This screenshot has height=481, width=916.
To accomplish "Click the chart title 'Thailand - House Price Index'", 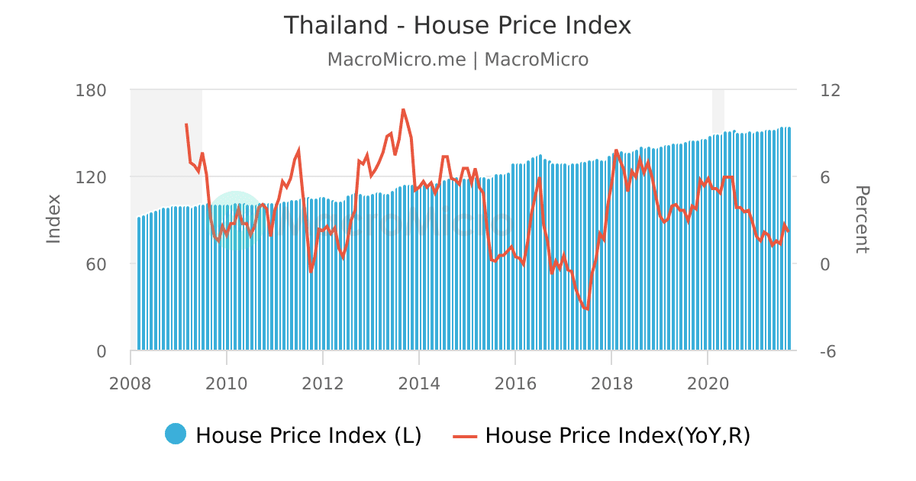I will pyautogui.click(x=457, y=26).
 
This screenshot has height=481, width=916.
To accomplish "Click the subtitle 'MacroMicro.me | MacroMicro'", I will pyautogui.click(x=457, y=60).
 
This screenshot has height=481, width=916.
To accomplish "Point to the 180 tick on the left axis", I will pyautogui.click(x=91, y=90).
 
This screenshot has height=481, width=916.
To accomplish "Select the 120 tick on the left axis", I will pyautogui.click(x=91, y=177).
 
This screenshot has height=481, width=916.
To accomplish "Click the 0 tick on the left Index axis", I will pyautogui.click(x=101, y=351).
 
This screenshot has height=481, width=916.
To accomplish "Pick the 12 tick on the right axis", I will pyautogui.click(x=830, y=90).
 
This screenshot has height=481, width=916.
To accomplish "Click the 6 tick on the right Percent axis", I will pyautogui.click(x=825, y=177).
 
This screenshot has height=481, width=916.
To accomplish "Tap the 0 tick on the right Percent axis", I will pyautogui.click(x=825, y=264).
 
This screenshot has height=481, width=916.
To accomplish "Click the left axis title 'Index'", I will pyautogui.click(x=53, y=219).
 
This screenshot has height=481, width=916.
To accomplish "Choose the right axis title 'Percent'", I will pyautogui.click(x=861, y=219).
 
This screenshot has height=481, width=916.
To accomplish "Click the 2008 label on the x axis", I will pyautogui.click(x=131, y=383).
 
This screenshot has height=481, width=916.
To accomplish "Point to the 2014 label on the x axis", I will pyautogui.click(x=418, y=383).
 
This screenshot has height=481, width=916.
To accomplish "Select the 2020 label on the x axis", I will pyautogui.click(x=707, y=383).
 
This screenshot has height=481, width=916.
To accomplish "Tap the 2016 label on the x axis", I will pyautogui.click(x=514, y=383).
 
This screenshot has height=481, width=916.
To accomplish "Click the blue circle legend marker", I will pyautogui.click(x=176, y=434).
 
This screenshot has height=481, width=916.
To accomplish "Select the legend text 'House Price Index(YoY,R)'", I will pyautogui.click(x=618, y=435).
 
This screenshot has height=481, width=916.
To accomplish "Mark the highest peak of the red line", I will pyautogui.click(x=403, y=109).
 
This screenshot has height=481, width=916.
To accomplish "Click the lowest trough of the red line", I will pyautogui.click(x=587, y=309).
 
